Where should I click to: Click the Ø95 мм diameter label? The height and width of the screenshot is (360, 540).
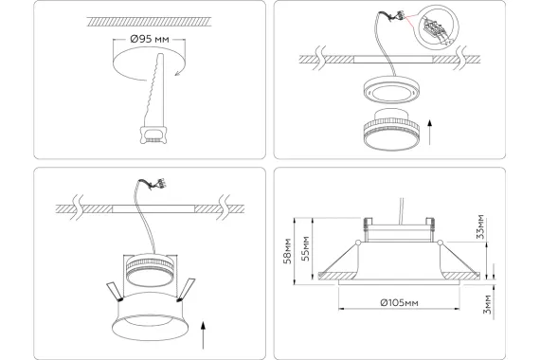(150, 39)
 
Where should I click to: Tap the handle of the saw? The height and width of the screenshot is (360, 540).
(153, 135)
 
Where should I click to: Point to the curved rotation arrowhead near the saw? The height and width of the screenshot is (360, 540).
(179, 72)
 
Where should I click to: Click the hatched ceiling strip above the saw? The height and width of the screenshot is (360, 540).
(150, 22)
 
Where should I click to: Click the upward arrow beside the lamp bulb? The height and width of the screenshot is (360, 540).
(429, 133)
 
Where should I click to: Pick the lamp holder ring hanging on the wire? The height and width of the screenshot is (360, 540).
(391, 90)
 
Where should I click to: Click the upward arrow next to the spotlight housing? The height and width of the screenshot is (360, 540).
(203, 334)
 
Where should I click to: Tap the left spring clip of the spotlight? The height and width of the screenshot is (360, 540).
(114, 292)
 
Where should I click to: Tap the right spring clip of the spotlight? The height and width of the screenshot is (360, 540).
(186, 290)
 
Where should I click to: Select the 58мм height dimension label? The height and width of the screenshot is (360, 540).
(287, 251)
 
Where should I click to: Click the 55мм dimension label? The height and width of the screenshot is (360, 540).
(305, 248)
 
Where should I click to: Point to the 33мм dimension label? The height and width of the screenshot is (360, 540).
(480, 226)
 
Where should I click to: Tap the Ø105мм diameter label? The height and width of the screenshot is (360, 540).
(399, 303)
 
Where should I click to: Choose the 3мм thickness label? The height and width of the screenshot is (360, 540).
(487, 304)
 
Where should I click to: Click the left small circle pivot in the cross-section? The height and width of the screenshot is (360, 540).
(358, 243)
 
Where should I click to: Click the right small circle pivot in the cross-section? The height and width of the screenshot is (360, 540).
(440, 243)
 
